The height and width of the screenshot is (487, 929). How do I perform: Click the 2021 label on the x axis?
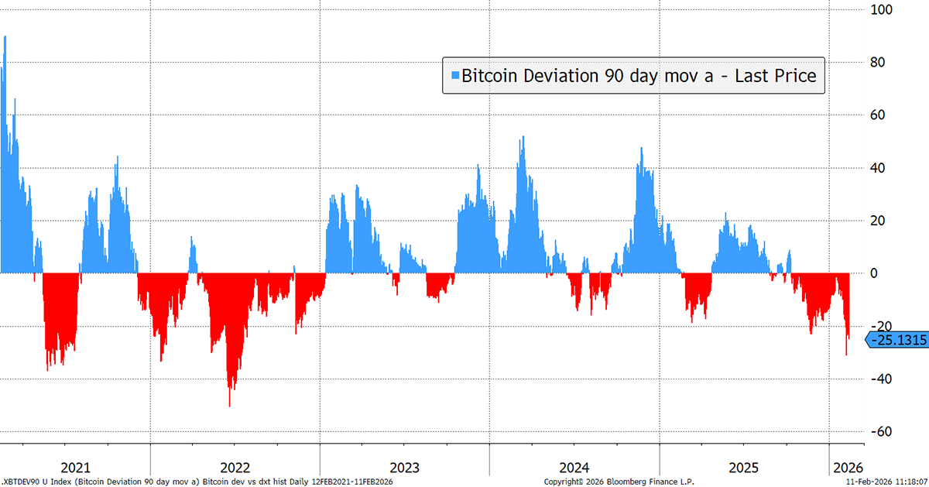75,468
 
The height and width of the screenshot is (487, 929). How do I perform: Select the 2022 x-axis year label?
235,468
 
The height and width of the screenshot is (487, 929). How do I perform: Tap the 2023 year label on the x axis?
404,468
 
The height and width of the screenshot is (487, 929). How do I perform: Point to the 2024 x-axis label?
574,468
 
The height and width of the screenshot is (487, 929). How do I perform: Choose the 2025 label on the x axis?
744,468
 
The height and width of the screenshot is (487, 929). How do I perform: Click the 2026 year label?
847,468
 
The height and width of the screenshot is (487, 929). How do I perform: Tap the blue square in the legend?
455,76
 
